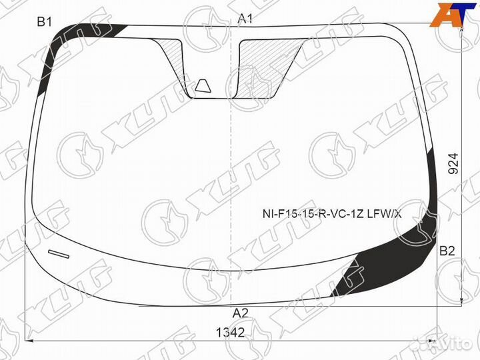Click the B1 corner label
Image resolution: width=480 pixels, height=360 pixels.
44,22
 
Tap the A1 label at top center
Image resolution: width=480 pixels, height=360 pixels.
246,19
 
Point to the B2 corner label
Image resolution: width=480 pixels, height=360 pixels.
447,251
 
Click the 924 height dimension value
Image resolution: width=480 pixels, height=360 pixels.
453,164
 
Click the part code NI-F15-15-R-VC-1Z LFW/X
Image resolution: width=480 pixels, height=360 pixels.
331,213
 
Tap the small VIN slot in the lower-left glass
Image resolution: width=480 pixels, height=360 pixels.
59,254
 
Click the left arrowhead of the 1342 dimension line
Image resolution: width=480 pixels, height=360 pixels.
29,340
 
